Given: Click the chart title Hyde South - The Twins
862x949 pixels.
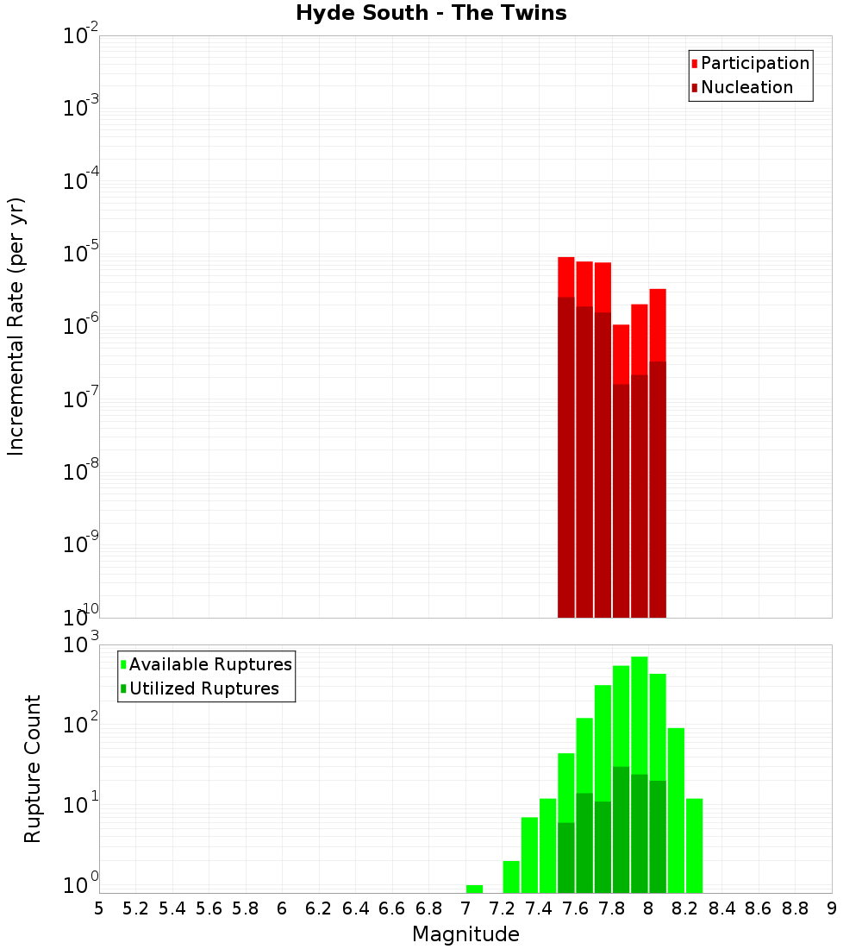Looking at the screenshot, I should pyautogui.click(x=431, y=13).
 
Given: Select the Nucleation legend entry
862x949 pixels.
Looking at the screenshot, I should pyautogui.click(x=746, y=87).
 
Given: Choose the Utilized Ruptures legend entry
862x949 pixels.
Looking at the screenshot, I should pyautogui.click(x=203, y=688).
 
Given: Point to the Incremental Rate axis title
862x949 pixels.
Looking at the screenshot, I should pyautogui.click(x=16, y=326).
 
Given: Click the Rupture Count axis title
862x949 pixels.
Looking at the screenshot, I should pyautogui.click(x=33, y=768).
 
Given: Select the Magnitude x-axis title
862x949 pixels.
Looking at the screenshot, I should pyautogui.click(x=465, y=934).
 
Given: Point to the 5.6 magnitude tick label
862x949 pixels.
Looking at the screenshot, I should pyautogui.click(x=209, y=908).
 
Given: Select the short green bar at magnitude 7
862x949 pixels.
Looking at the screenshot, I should pyautogui.click(x=474, y=889).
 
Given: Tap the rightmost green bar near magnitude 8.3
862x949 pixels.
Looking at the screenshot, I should pyautogui.click(x=694, y=845).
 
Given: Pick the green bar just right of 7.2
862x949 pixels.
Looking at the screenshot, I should pyautogui.click(x=511, y=877).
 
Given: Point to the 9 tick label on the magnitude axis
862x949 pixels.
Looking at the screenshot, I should pyautogui.click(x=832, y=908).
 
